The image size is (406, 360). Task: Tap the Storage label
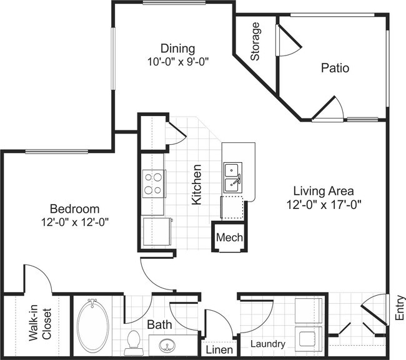click(x=255, y=42)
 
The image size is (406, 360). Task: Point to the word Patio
click(x=335, y=67)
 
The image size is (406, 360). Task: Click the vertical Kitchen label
click(x=196, y=185)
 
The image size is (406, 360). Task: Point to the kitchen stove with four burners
click(x=153, y=183)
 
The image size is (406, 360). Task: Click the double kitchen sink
click(x=233, y=176)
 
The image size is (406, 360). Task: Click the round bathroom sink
click(x=167, y=345)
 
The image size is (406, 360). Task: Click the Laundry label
click(x=268, y=344)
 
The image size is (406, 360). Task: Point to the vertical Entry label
click(x=399, y=308)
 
